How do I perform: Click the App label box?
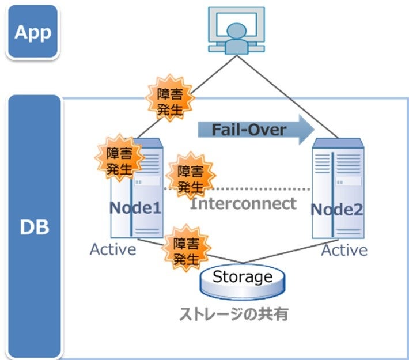(33, 32)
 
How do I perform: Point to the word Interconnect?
(244, 203)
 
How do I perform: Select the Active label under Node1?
(113, 249)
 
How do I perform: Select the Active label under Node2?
(344, 251)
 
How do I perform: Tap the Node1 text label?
(136, 208)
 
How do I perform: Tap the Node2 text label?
(338, 210)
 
